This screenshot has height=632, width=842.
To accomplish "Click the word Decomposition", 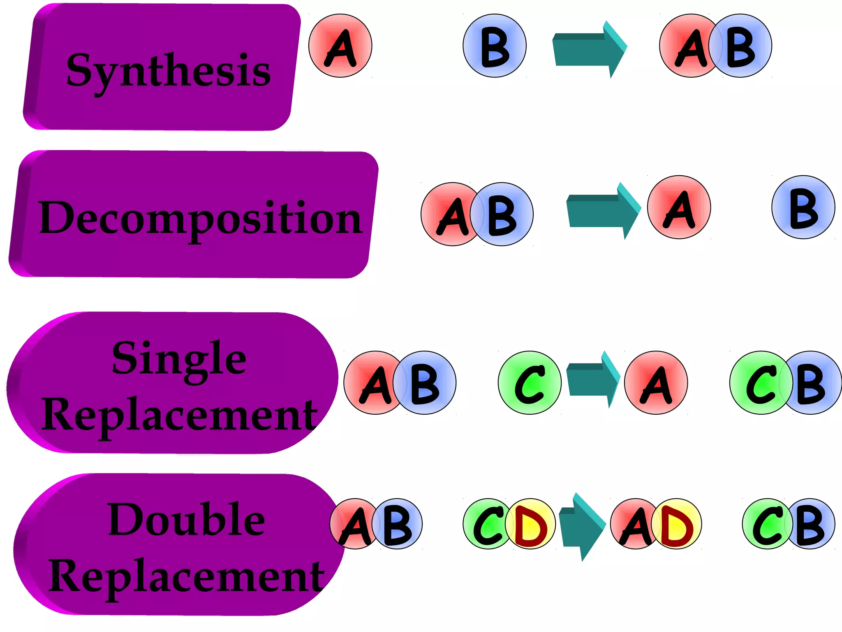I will coord(200,218).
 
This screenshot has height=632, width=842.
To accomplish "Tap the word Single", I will coord(179,359).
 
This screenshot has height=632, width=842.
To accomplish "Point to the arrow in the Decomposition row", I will coord(603,211).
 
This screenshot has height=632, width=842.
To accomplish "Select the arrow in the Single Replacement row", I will coord(592,379).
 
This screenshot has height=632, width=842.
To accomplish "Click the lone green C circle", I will coord(530,383).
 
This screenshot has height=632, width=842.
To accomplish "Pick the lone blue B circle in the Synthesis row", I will coord(495,46).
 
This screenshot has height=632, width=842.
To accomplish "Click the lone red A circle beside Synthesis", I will coord(340,46).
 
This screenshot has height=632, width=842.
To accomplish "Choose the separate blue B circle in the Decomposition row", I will coord(803,207).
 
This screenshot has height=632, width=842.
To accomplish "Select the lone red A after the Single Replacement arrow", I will coord(656,383).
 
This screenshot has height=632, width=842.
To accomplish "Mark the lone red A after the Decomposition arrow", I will coord(679,207).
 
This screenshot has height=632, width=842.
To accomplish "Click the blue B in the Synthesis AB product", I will coord(743,46).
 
